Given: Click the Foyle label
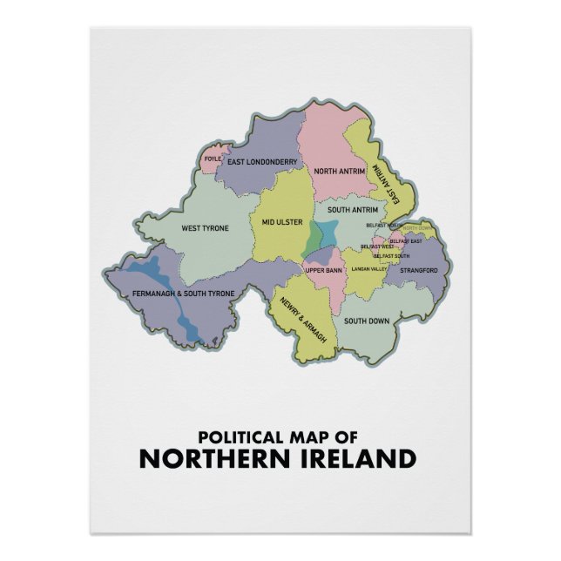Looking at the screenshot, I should point(212,159).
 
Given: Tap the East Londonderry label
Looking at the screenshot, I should point(262,161).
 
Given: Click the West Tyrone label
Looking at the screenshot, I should point(205,229).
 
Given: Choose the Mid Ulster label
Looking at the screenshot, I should point(281,222).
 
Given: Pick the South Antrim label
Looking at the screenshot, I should point(352,210).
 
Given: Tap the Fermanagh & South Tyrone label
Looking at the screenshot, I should point(183,294).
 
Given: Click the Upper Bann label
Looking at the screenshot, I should point(322,270).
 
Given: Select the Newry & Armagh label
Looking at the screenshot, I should point(301,319).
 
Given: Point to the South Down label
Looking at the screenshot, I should point(366,321).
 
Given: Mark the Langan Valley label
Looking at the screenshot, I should point(368,269).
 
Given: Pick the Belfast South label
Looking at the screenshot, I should point(391,256).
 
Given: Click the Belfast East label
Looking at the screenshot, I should point(406,240).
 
